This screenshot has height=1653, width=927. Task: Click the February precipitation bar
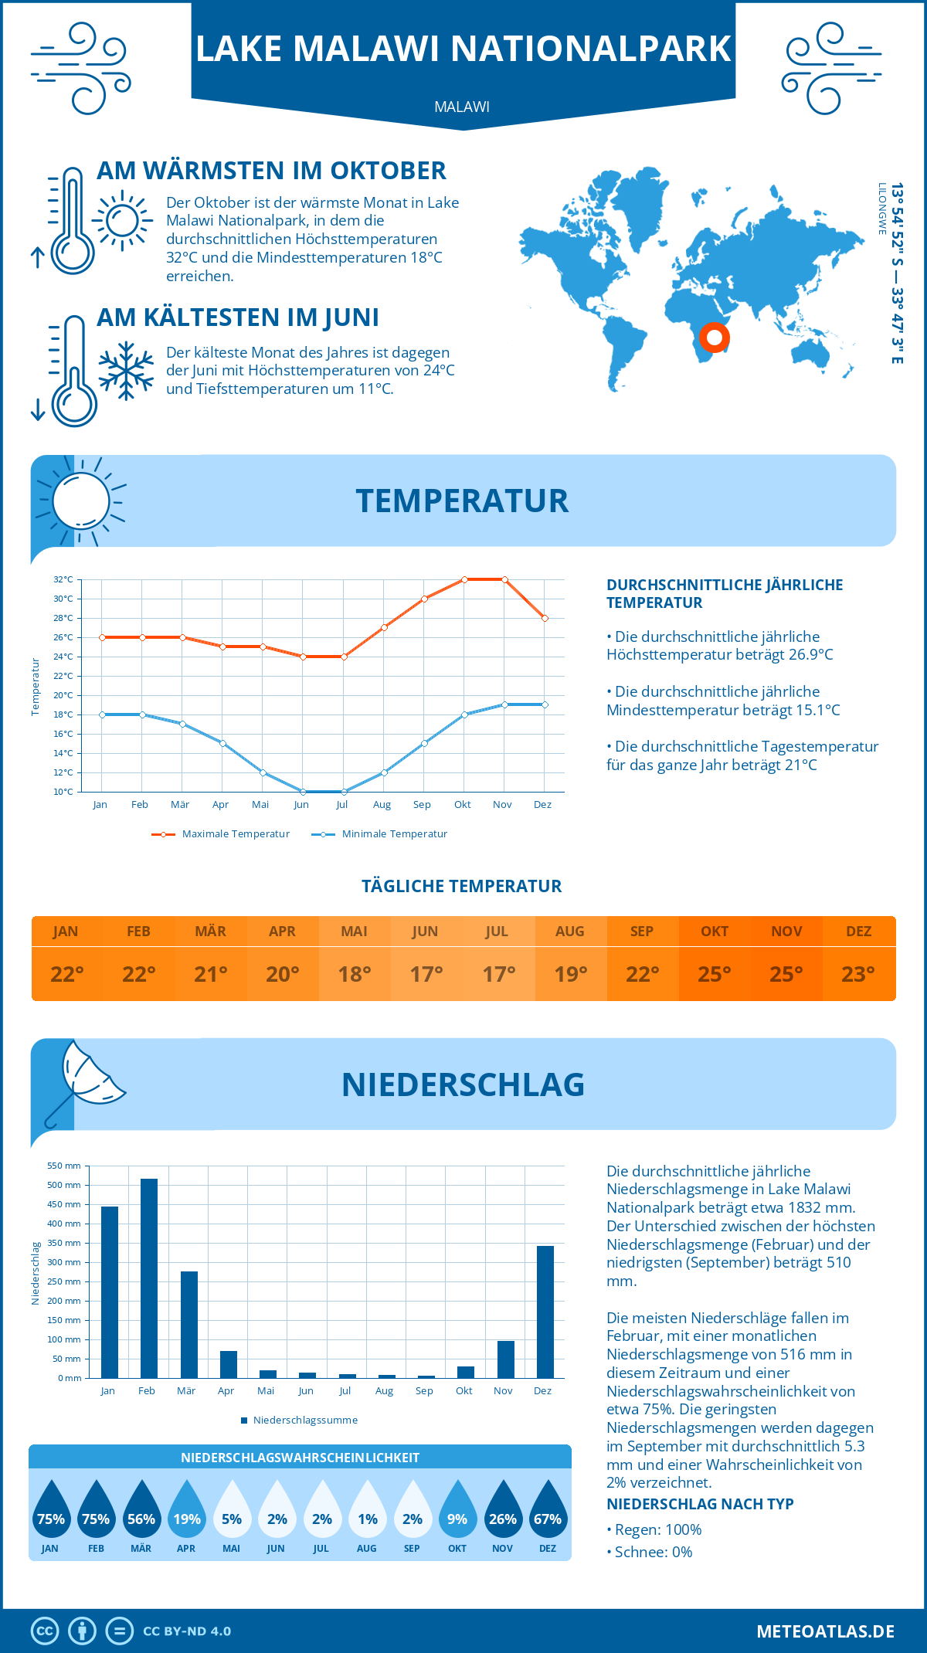[x=148, y=1278]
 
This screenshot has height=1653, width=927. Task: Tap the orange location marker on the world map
[x=715, y=338]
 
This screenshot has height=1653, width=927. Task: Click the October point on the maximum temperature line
[x=464, y=579]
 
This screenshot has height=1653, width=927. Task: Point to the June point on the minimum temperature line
[x=303, y=792]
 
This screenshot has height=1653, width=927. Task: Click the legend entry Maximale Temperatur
[x=221, y=834]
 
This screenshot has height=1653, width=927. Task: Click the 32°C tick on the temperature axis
[x=63, y=579]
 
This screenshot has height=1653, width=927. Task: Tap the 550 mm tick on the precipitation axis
[x=64, y=1166]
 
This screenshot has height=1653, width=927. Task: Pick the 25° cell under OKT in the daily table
[x=714, y=974]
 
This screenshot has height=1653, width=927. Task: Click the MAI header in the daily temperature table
[x=354, y=932]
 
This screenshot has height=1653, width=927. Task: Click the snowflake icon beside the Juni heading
[x=126, y=371]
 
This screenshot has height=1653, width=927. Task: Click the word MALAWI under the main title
[x=462, y=107]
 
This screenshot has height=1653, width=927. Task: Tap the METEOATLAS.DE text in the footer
[x=825, y=1631]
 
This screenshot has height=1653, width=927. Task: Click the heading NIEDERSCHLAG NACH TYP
[x=700, y=1504]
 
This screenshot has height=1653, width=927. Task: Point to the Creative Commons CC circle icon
[x=45, y=1631]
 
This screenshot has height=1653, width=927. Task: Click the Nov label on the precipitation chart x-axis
[x=503, y=1391]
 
